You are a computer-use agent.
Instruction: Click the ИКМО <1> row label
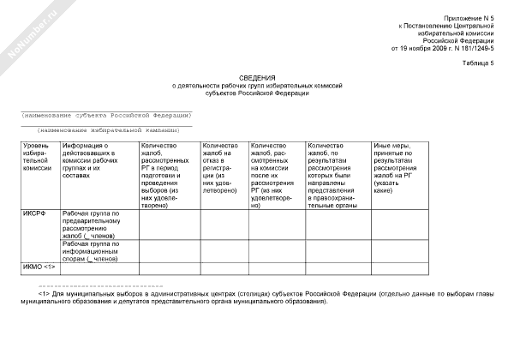point(39,267)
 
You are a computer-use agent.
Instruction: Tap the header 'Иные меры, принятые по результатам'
point(397,168)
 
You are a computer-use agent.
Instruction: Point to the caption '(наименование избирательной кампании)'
point(107,129)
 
